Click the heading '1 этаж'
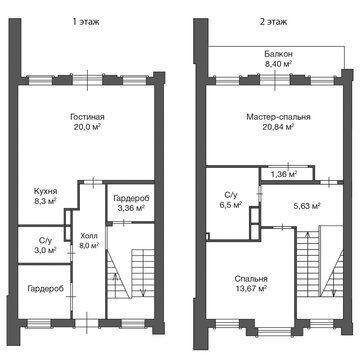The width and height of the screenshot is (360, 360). tap(86, 22)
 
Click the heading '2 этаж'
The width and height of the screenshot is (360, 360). tap(273, 22)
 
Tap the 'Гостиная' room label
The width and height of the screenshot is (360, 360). tap(87, 117)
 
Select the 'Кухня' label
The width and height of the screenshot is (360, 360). tap(46, 191)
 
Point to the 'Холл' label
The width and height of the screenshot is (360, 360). tap(89, 236)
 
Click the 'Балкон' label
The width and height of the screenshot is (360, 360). tap(279, 54)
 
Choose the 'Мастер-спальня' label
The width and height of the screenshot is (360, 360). tap(279, 117)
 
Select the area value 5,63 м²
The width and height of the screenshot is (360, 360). tap(307, 205)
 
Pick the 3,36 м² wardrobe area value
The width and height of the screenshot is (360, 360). tap(130, 208)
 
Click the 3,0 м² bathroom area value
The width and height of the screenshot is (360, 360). tap(44, 249)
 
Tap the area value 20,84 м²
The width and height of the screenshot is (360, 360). tap(278, 127)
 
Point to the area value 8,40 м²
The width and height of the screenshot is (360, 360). tap(279, 63)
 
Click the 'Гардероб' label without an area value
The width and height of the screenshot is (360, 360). tap(46, 288)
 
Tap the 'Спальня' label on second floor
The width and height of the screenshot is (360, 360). tap(251, 279)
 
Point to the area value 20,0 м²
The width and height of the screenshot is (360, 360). tap(87, 127)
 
